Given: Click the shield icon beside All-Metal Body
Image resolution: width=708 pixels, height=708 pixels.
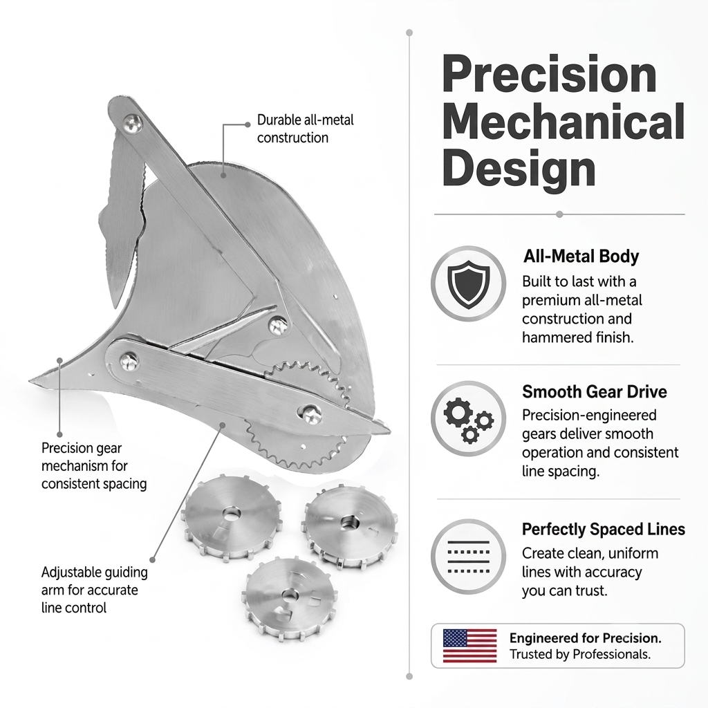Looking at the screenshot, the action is coord(469,283).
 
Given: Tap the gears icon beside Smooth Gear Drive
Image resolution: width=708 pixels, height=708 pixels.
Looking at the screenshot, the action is coord(469,418).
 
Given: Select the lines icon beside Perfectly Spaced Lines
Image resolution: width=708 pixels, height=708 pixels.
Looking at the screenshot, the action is coord(469,557).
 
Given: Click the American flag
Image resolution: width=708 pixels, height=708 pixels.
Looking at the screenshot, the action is coord(469,646).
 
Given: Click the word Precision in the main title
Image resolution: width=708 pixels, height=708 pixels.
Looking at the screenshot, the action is coord(549,75).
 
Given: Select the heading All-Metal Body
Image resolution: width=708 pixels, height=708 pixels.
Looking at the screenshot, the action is coord(581,257).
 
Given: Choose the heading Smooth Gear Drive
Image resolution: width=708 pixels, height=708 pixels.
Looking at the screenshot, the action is coord(594,391).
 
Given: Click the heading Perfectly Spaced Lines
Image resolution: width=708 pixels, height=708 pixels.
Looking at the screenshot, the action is coord(603,529).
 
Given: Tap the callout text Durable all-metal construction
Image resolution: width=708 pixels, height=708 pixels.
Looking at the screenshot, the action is coord(305,129).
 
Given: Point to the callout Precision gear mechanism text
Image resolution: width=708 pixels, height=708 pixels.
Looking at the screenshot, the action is coord(94,465).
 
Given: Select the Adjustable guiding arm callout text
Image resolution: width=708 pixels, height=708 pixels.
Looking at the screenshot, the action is coord(94,590).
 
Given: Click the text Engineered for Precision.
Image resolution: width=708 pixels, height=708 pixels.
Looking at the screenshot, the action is coord(585,638).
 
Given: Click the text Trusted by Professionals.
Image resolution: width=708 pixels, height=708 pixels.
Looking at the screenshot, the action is coord(580,654).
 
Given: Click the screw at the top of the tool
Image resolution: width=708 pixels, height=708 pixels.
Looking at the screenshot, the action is coord(133,123).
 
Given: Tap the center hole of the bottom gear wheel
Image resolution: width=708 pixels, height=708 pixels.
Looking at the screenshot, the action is coord(288,594).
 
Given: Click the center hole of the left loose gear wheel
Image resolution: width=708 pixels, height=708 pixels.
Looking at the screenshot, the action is coord(232,514).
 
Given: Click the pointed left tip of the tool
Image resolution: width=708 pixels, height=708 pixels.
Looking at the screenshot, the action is coord(30,380).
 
